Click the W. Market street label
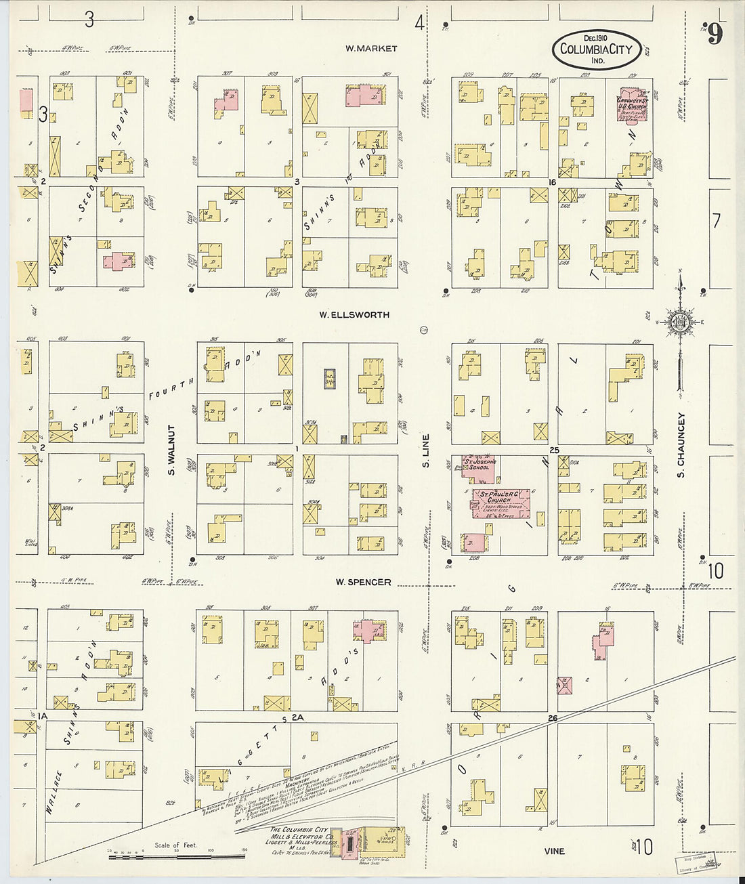370,48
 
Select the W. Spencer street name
363,582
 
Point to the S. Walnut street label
171,450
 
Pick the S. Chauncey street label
681,445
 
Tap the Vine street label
554,851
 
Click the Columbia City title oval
597,49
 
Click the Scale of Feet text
176,845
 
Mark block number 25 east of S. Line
555,450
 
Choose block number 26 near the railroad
553,717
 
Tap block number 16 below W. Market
552,182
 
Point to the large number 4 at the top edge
420,24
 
